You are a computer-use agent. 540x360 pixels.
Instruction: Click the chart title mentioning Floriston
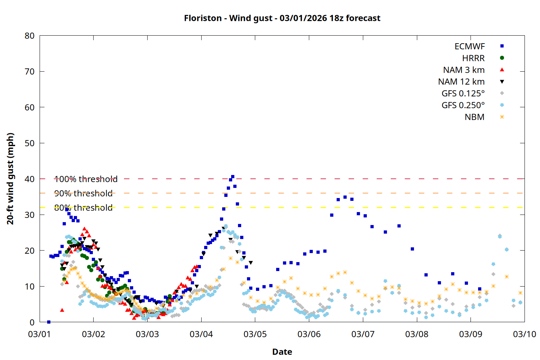[x=282, y=18]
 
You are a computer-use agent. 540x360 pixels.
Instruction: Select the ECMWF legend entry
[x=469, y=46]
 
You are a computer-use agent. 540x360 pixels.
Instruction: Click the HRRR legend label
[x=473, y=58]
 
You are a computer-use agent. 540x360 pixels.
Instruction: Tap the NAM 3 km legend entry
[x=464, y=70]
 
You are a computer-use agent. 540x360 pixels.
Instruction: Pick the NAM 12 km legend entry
[x=461, y=82]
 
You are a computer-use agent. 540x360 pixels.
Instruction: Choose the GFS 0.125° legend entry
[x=463, y=94]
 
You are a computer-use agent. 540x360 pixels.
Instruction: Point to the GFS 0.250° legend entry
[x=463, y=105]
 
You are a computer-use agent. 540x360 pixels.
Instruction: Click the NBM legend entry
[x=474, y=117]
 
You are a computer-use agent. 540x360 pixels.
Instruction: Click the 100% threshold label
[x=86, y=179]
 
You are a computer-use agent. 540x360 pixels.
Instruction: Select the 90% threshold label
[x=83, y=193]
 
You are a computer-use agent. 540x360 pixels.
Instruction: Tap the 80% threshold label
[x=83, y=208]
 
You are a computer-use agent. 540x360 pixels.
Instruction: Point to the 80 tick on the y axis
[x=30, y=36]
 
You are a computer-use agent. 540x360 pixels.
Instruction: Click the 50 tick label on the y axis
[x=30, y=143]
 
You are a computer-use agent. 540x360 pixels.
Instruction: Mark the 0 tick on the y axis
[x=32, y=322]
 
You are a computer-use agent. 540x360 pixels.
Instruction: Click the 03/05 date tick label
[x=255, y=334]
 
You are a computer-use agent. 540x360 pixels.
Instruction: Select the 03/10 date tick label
[x=524, y=334]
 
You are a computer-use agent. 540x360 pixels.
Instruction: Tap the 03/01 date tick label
[x=40, y=334]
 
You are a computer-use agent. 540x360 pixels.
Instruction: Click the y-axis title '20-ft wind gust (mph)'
[x=10, y=179]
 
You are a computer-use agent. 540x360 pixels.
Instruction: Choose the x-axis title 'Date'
[x=282, y=352]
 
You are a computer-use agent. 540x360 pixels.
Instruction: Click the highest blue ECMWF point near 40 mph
[x=233, y=177]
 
